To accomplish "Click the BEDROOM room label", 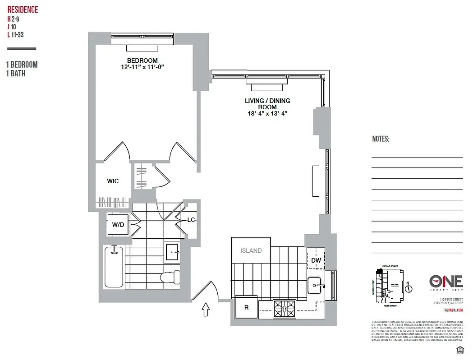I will (x=142, y=60).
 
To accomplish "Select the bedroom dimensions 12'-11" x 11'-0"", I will (x=142, y=67).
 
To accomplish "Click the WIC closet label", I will (x=113, y=181).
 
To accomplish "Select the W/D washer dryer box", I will (x=119, y=224).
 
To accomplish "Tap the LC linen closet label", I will (x=191, y=220).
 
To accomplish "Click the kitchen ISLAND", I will (x=251, y=250).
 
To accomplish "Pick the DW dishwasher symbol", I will (x=316, y=260).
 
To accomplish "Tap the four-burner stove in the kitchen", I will (x=285, y=309).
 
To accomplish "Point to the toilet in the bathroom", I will (x=171, y=276).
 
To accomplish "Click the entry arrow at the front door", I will (x=206, y=309).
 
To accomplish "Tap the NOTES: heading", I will (x=381, y=139).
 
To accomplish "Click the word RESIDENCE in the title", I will (x=23, y=10).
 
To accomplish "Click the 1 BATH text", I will (x=16, y=74).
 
